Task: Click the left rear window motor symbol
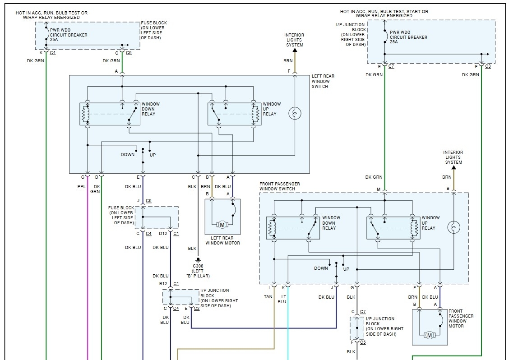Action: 222,225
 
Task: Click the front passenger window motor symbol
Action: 430,335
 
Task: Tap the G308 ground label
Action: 198,265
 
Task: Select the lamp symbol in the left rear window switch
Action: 295,113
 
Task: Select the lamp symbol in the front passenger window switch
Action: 453,227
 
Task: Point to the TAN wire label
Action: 268,296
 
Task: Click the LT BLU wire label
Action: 282,299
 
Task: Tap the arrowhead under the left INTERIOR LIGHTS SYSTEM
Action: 295,51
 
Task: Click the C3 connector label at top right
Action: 488,66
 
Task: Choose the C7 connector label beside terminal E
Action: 391,66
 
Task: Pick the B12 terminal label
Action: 163,284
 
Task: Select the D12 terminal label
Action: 163,233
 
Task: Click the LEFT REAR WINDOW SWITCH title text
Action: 323,81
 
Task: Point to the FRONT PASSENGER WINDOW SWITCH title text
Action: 280,186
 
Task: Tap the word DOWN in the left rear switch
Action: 127,155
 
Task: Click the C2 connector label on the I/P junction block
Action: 197,309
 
